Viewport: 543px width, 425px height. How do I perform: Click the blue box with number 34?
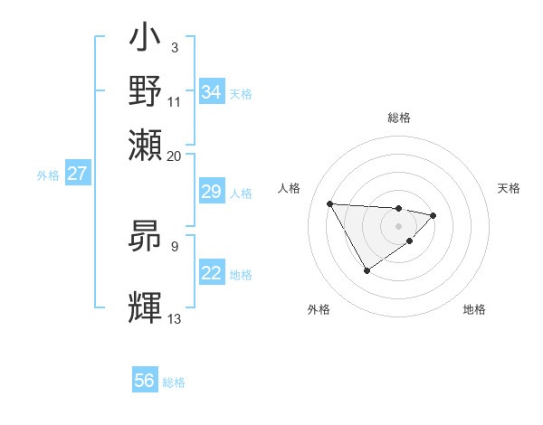click(x=212, y=92)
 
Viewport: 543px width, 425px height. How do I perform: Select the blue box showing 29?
click(x=211, y=192)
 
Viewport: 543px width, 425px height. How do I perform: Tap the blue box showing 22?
click(x=211, y=273)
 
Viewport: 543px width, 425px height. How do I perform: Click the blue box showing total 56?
click(x=145, y=381)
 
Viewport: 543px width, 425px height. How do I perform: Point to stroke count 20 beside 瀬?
click(x=175, y=156)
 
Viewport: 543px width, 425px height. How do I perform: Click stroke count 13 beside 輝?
click(x=175, y=318)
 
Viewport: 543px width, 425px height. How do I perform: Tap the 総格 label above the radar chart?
click(x=398, y=118)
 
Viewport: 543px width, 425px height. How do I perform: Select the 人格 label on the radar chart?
click(x=290, y=188)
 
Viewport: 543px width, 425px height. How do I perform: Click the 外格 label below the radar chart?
click(x=318, y=310)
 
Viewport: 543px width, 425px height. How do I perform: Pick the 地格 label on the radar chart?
click(x=474, y=310)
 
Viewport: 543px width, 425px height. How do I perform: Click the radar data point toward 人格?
click(x=330, y=203)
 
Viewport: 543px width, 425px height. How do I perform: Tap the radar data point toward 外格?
click(x=367, y=270)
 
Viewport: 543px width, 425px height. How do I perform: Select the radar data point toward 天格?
click(x=433, y=215)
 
